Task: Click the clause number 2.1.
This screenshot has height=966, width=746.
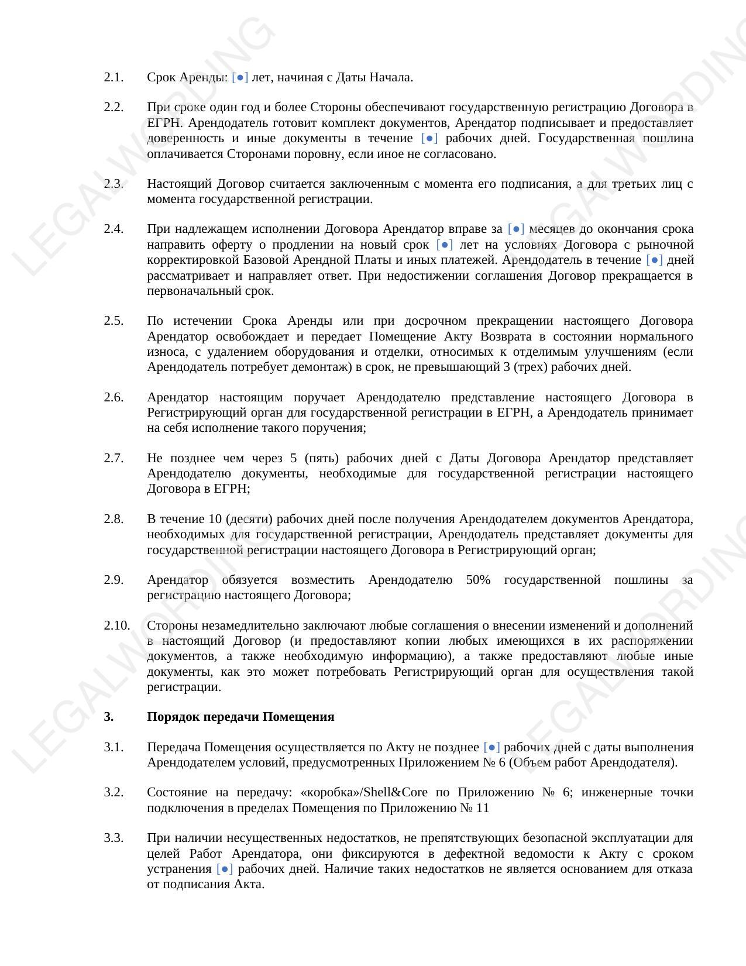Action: click(114, 77)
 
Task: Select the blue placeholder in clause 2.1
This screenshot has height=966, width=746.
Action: click(240, 77)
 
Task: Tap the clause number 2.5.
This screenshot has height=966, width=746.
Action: click(114, 321)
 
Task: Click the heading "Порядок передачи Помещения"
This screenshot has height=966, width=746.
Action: click(240, 717)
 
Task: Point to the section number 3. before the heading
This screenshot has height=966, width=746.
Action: click(109, 717)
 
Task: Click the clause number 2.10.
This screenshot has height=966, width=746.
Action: click(116, 625)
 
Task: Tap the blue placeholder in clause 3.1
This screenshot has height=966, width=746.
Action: click(491, 747)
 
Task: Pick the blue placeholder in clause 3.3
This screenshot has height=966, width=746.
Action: click(225, 869)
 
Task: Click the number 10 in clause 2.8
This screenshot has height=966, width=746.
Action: click(214, 519)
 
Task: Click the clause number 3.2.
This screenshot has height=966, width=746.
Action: click(114, 792)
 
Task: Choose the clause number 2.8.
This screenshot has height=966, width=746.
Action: click(114, 519)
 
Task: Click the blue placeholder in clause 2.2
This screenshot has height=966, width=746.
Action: click(429, 139)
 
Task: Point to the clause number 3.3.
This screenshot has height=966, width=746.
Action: click(114, 838)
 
